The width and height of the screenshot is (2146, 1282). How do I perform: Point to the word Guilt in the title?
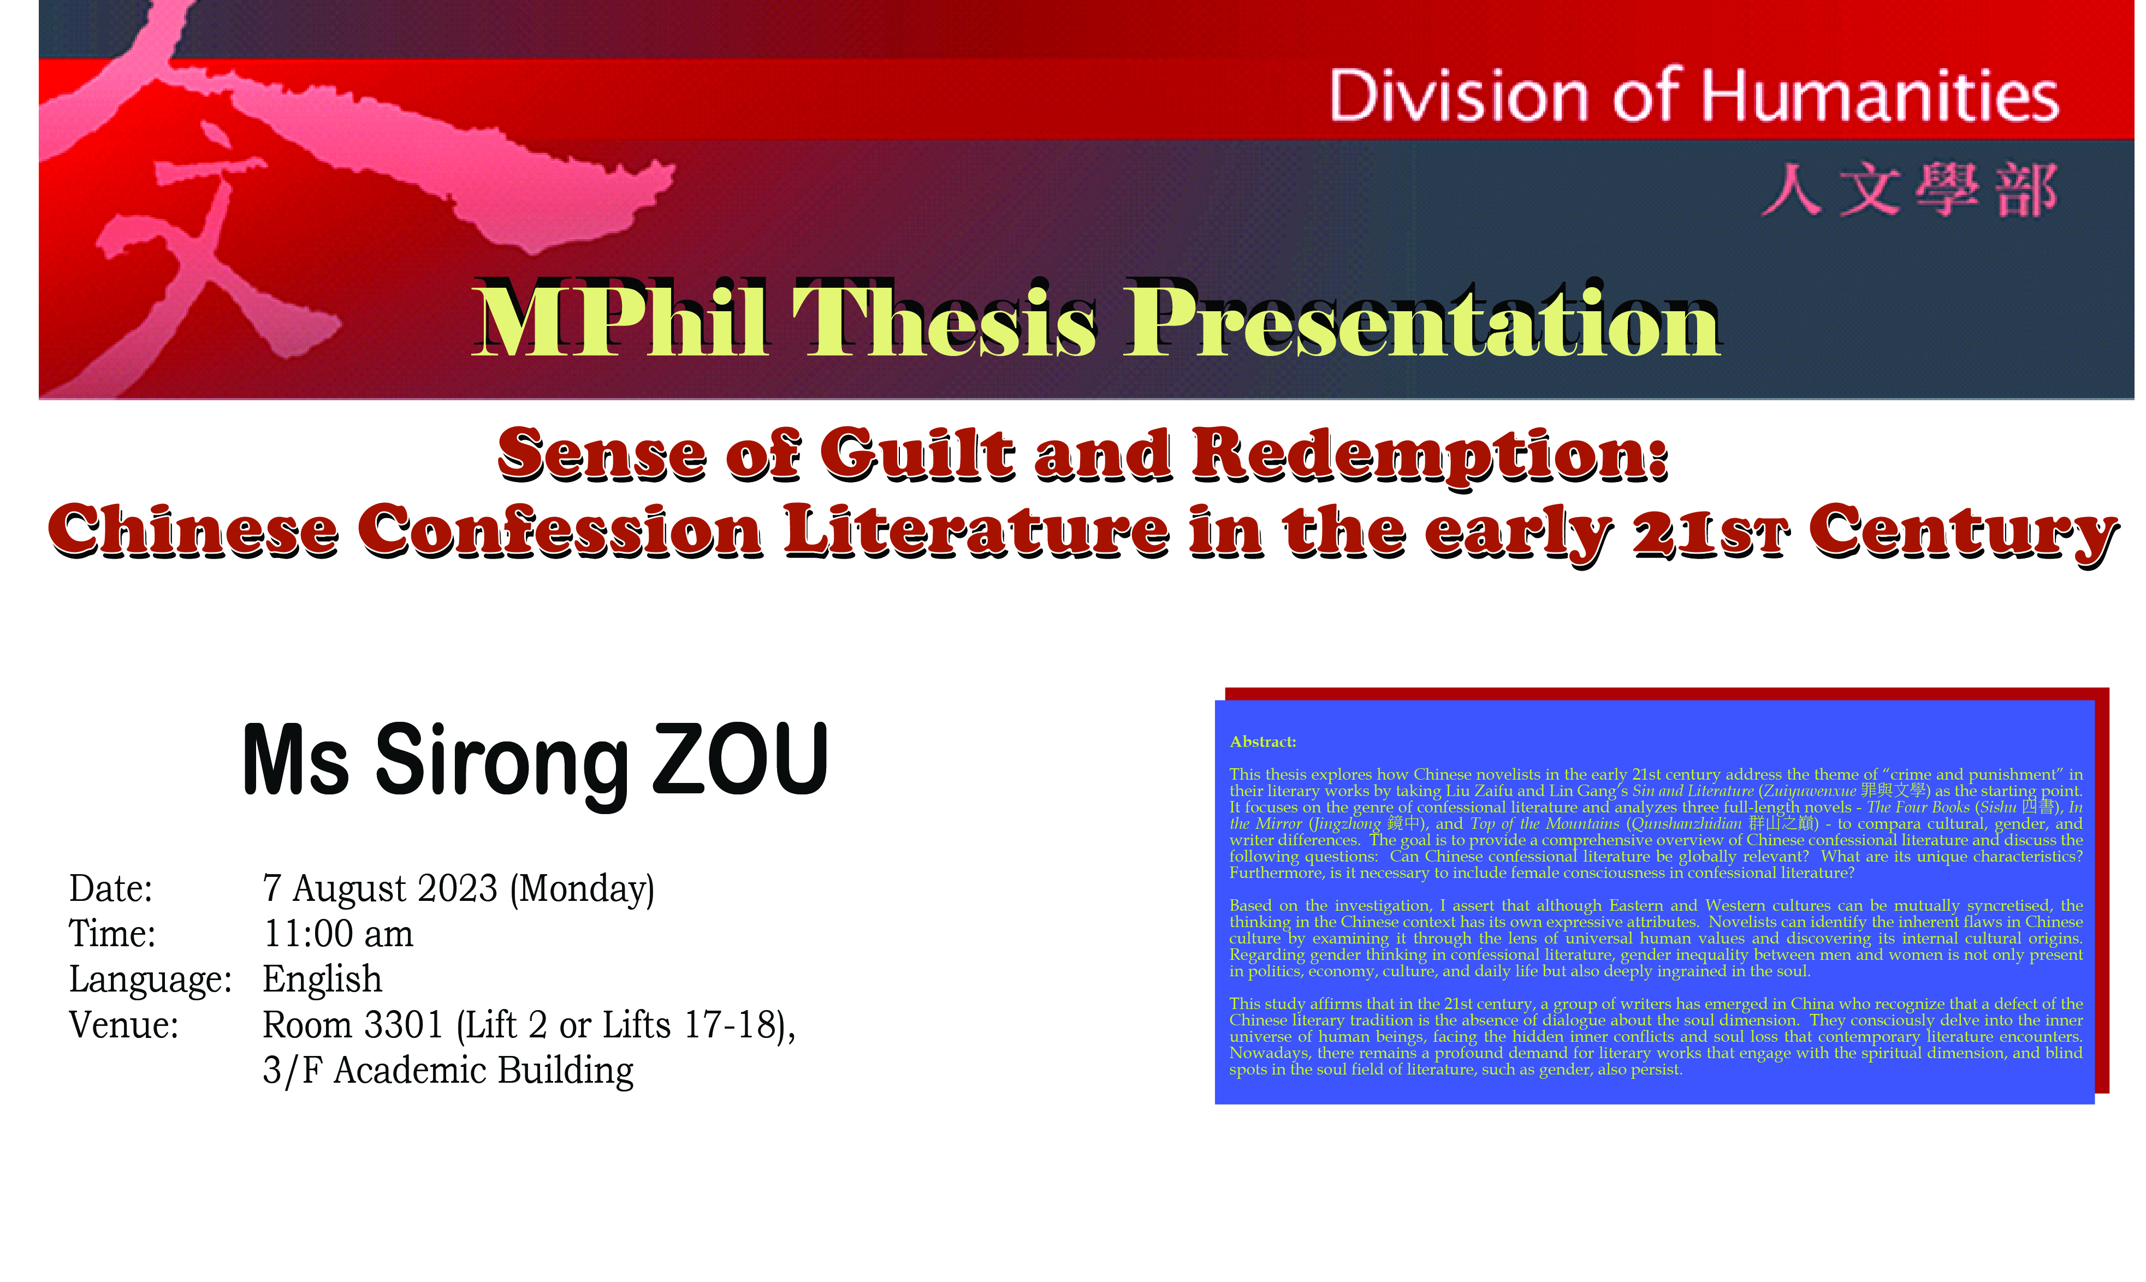917,454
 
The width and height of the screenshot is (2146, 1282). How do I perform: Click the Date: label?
111,889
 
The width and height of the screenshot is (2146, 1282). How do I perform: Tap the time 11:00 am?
338,934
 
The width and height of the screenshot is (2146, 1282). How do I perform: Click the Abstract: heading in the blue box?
1263,742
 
